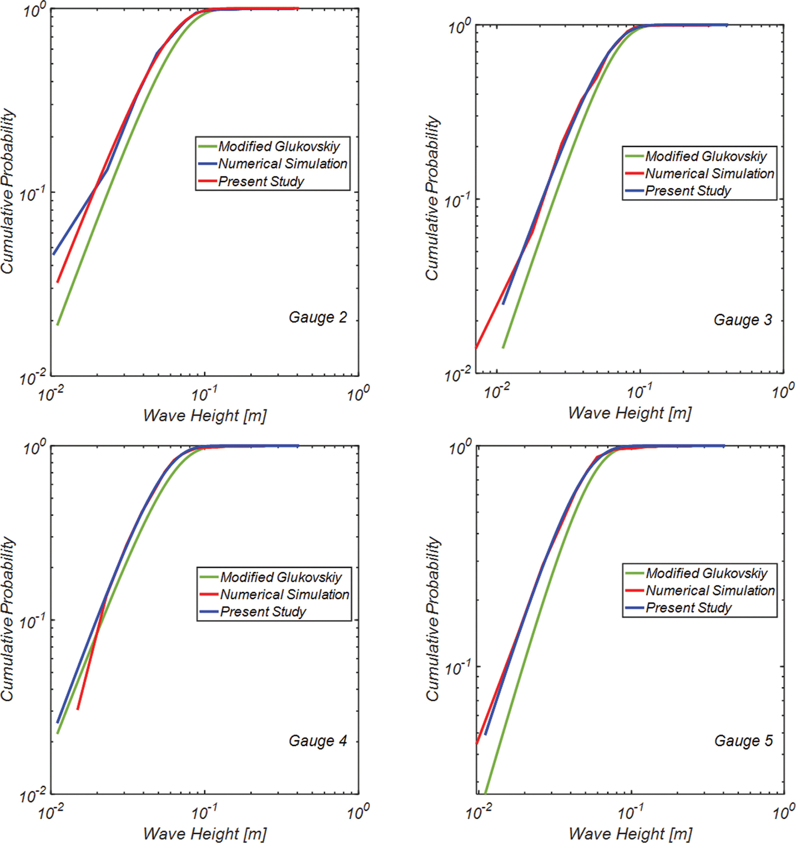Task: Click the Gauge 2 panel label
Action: (x=317, y=318)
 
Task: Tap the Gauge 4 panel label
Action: (x=317, y=741)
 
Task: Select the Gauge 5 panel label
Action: (x=743, y=741)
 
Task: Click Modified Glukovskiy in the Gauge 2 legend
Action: (x=279, y=146)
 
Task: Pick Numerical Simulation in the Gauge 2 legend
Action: (x=282, y=164)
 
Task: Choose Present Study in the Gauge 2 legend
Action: (x=261, y=182)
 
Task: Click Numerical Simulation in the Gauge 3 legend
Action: (x=709, y=174)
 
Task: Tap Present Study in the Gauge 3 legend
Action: (x=688, y=191)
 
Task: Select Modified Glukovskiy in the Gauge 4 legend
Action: (x=281, y=577)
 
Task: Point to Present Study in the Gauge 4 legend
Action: (x=263, y=612)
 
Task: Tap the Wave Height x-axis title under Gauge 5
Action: (x=630, y=834)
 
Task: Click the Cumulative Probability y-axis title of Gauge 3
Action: (x=433, y=198)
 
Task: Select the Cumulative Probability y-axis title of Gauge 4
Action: (x=8, y=619)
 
